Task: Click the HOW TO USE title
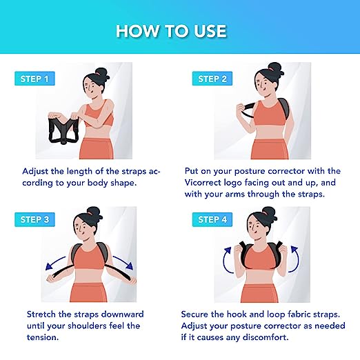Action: click(171, 31)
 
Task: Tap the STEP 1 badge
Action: click(34, 79)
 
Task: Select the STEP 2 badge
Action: click(212, 79)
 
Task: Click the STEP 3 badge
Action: click(34, 219)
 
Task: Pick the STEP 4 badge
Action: click(212, 219)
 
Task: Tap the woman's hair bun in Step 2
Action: click(275, 68)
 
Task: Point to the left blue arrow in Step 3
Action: click(55, 263)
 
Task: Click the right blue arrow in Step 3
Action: click(123, 263)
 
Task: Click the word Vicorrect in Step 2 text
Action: click(203, 183)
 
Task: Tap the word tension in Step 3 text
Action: click(43, 337)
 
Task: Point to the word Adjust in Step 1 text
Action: click(35, 172)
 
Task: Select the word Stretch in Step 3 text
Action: click(41, 314)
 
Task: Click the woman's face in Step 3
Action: click(81, 227)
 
